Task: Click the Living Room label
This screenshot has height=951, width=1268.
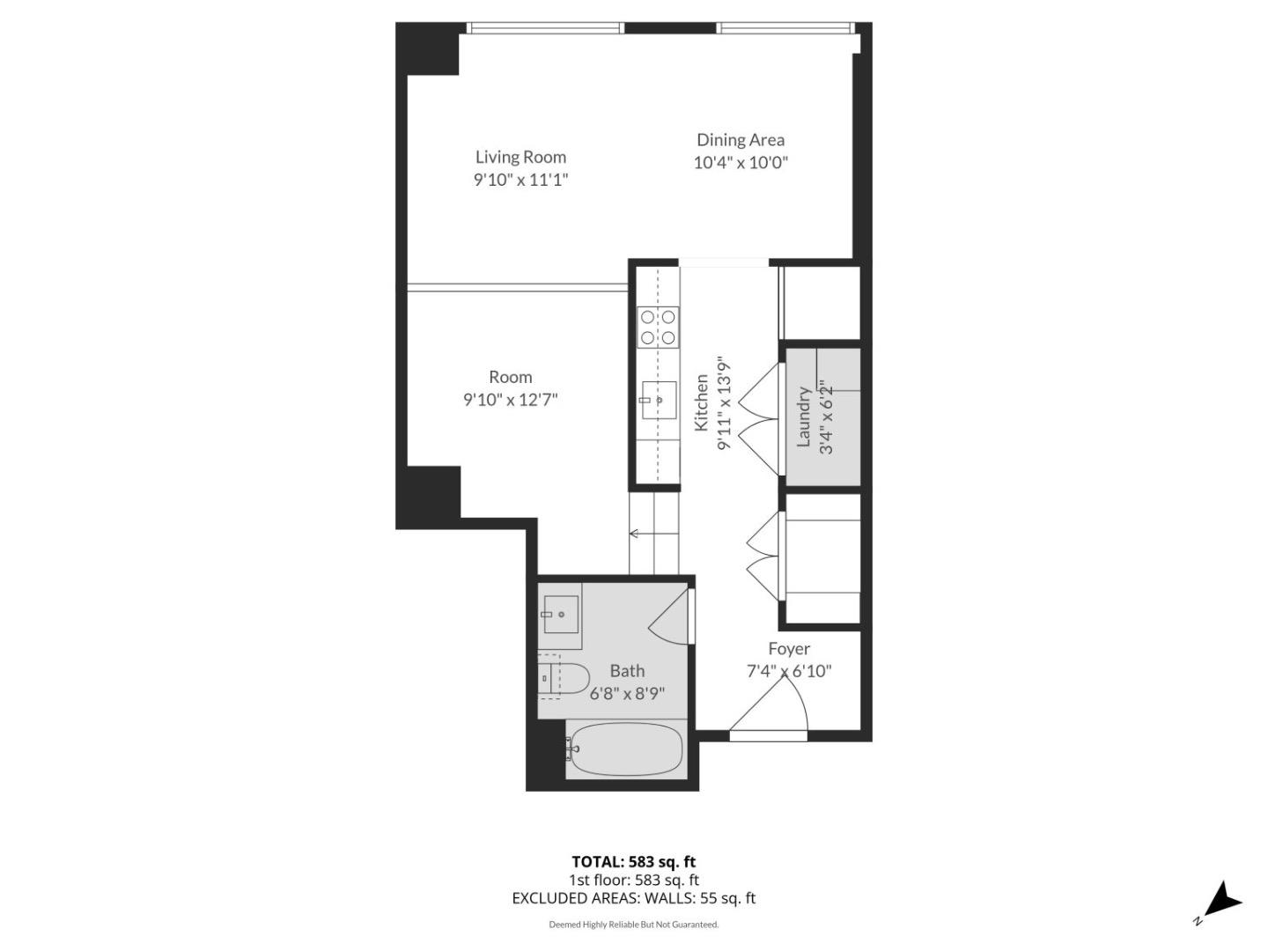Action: (520, 157)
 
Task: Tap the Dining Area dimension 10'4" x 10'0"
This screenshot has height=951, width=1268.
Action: (740, 163)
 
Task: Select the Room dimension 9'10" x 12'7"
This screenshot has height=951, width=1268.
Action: (510, 400)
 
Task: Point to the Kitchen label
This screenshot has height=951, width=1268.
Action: (702, 403)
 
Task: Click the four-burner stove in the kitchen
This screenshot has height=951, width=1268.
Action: (659, 327)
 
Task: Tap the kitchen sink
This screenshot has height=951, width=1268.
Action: (659, 401)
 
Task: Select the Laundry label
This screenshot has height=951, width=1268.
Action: (803, 417)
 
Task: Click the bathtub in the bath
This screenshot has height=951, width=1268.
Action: (626, 749)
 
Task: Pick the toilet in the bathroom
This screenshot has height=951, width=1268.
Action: (564, 679)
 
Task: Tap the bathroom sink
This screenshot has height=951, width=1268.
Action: (560, 615)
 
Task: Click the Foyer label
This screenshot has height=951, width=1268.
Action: (788, 649)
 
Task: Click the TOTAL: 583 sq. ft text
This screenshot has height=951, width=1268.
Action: (633, 862)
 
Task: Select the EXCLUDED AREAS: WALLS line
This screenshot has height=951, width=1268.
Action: (633, 898)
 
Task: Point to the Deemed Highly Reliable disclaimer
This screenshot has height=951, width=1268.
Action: (633, 925)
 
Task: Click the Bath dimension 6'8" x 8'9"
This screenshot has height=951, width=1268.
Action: (627, 694)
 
